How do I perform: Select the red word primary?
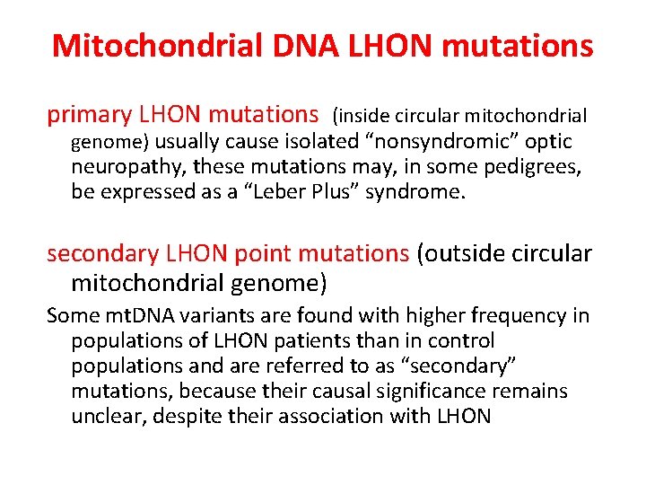pos(87,115)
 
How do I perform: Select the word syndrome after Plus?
pos(419,192)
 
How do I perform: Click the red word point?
pos(261,254)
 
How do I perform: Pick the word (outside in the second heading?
pos(458,254)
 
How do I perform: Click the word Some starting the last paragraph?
pos(72,316)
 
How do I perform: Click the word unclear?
pos(103,417)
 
